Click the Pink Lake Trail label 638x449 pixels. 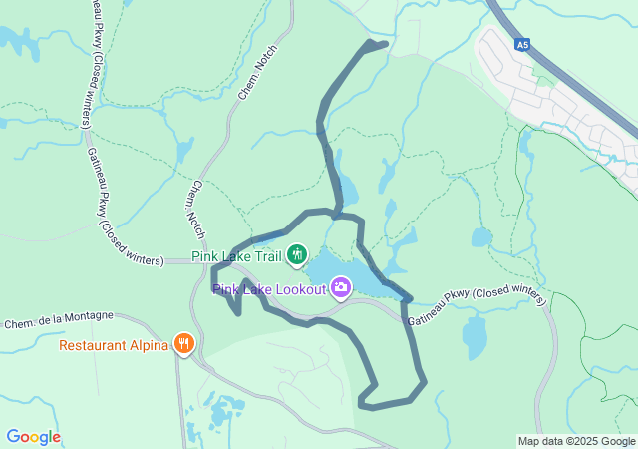(237, 256)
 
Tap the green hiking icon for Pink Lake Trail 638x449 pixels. (296, 256)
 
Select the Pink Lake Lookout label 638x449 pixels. (269, 289)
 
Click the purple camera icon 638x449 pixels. (341, 288)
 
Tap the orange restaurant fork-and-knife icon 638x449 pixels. (184, 345)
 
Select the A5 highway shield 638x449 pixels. (522, 45)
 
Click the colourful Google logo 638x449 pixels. (33, 437)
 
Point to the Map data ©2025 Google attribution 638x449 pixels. (576, 441)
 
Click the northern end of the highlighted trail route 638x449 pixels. (384, 43)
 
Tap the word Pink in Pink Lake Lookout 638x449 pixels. (225, 289)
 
